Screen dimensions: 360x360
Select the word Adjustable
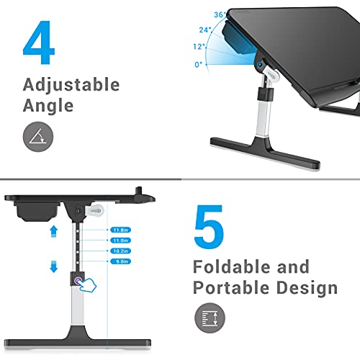click(x=71, y=86)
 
